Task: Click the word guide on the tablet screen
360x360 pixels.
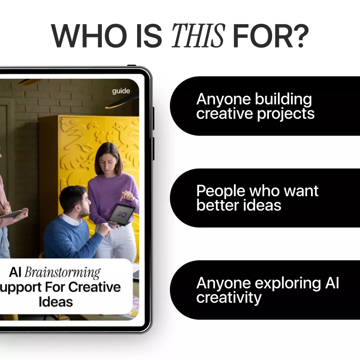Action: [x=121, y=91]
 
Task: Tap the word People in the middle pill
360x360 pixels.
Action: [x=220, y=191]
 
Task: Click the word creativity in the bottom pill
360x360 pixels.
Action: [x=229, y=298]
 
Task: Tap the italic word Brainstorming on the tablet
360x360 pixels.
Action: [x=62, y=273]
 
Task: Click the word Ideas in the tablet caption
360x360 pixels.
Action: [x=56, y=302]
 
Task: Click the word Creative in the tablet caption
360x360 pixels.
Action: [x=95, y=287]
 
